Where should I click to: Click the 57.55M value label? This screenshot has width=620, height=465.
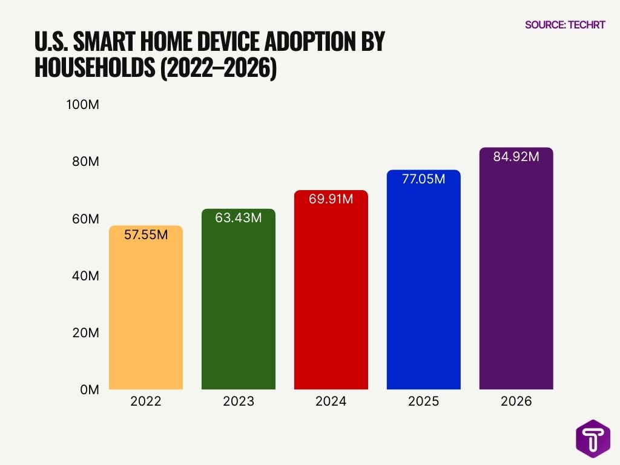point(145,235)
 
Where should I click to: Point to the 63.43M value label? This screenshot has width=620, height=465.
point(238,218)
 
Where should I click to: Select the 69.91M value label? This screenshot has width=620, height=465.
point(331,199)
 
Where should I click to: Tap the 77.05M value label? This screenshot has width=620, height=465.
point(423,179)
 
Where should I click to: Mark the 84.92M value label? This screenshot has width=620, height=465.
point(516,157)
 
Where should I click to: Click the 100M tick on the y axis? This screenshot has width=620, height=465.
point(82,105)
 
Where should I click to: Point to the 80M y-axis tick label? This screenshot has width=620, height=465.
point(85,162)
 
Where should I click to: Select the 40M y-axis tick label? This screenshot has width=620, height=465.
point(85,276)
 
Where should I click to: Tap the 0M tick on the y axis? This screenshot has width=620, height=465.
point(88,391)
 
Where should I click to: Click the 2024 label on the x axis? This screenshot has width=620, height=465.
point(331,402)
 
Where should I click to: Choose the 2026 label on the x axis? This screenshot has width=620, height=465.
point(516,402)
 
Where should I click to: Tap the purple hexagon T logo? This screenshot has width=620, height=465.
point(592,438)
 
